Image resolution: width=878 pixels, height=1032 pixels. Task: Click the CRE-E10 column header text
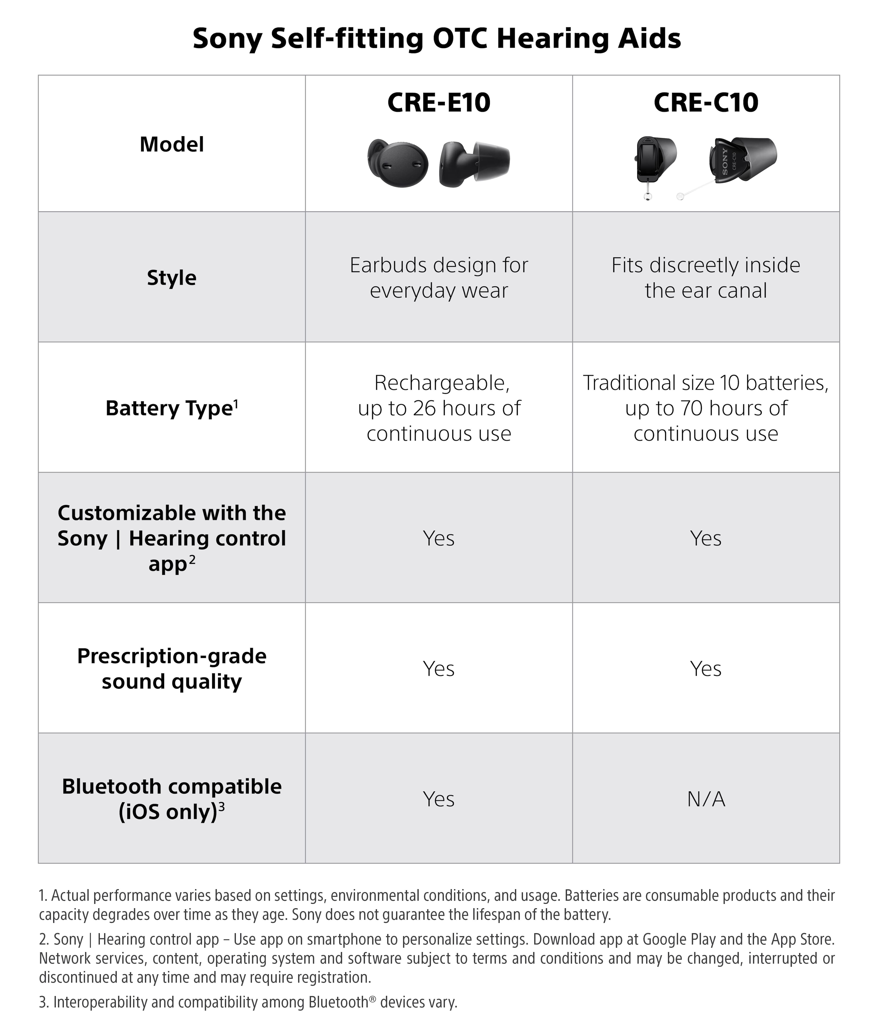tap(439, 102)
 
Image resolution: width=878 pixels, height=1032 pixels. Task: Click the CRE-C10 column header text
tap(706, 102)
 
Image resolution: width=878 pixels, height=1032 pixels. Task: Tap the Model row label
tap(172, 144)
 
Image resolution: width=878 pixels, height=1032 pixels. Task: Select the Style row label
tap(172, 278)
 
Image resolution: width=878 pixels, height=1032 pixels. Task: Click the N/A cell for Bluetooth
tap(706, 799)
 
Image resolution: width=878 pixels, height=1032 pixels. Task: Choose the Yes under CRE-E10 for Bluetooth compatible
tap(439, 799)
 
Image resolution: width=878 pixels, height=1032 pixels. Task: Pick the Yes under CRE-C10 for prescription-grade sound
tap(706, 669)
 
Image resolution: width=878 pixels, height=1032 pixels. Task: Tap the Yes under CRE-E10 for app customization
tap(439, 538)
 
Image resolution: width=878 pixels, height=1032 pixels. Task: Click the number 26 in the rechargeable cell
tap(424, 408)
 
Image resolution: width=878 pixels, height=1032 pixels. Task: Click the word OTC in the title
tap(460, 39)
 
